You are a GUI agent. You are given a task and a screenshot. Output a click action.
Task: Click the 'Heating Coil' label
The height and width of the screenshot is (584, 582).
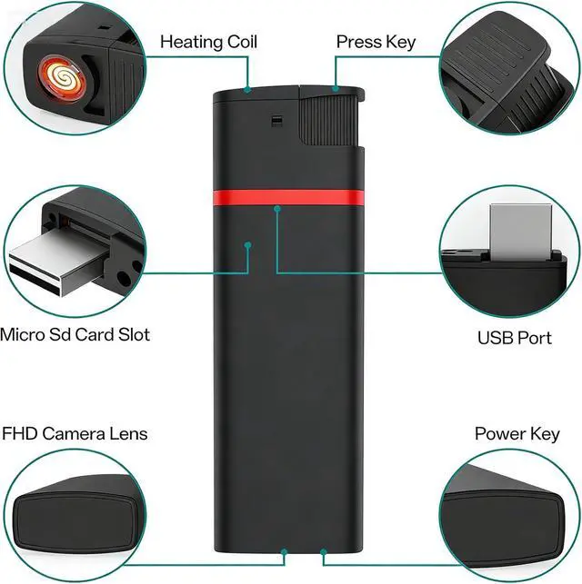coord(208,42)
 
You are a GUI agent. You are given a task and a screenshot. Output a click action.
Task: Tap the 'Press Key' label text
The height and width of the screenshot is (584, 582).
coord(376,42)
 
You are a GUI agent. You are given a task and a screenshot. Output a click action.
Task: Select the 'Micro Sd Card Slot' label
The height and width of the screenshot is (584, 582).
coord(75,334)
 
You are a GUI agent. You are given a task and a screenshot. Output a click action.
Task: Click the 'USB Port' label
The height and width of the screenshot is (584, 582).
coord(514,338)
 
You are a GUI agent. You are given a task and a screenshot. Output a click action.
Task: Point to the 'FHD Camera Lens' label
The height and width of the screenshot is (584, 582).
coord(75,434)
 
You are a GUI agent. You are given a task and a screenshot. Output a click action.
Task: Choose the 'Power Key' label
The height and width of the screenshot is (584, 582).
coord(517,434)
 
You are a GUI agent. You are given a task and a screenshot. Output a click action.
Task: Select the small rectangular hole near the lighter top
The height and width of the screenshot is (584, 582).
coord(276,119)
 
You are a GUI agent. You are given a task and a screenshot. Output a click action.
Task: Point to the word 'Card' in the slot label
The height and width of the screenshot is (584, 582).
coord(95,334)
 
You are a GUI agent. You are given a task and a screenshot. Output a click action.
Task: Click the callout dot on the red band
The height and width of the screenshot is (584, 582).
coord(276,209)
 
